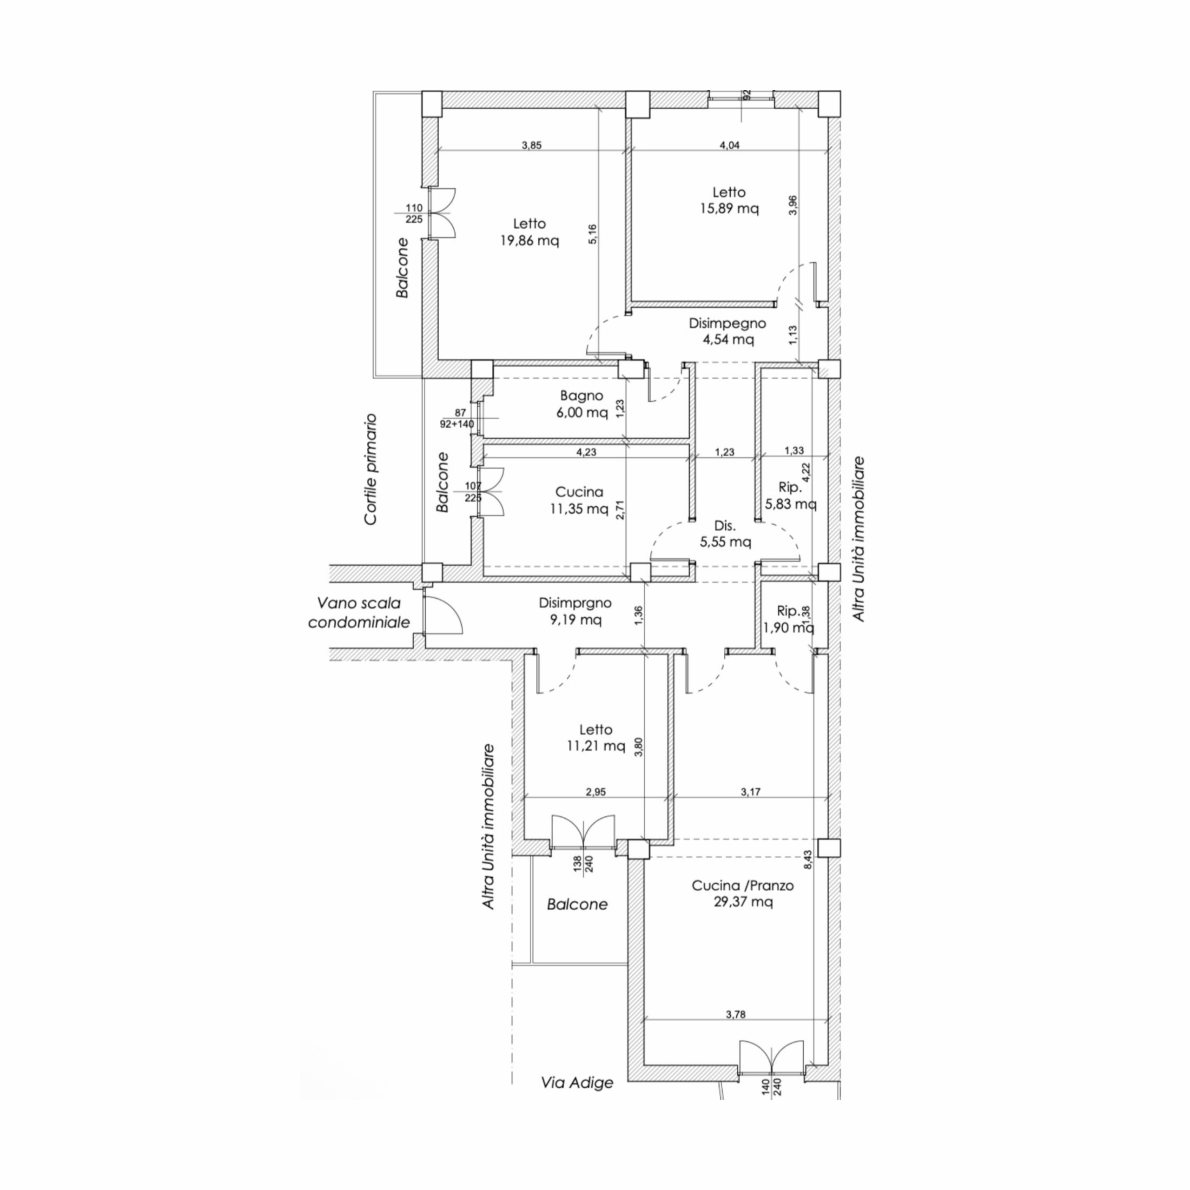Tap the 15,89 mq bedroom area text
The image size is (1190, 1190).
[x=729, y=208]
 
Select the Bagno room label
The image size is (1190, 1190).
[x=582, y=396]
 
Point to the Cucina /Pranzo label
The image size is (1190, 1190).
[x=743, y=885]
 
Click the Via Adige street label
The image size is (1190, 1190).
[x=577, y=1082]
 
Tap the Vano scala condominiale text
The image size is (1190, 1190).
[x=358, y=612]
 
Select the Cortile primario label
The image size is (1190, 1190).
[x=370, y=469]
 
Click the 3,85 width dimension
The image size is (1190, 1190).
[x=532, y=145]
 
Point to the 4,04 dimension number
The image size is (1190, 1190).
[x=729, y=145]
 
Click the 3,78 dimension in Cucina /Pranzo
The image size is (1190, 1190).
[x=735, y=1014]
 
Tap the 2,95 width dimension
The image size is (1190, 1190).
[x=595, y=792]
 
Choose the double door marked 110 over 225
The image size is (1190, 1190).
[x=442, y=212]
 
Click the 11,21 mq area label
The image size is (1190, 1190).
[x=595, y=747]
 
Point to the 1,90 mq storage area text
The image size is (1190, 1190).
[x=788, y=628]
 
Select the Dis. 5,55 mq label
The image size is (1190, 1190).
[x=725, y=534]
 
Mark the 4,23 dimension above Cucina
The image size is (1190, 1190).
[x=586, y=452]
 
